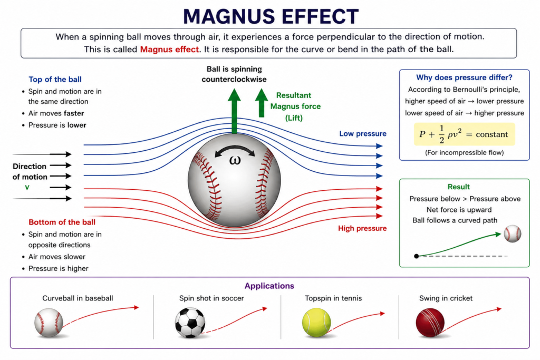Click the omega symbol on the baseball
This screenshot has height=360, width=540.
[235, 160]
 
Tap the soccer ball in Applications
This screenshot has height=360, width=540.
[190, 323]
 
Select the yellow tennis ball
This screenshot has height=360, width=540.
[316, 322]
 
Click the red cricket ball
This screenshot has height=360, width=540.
[430, 322]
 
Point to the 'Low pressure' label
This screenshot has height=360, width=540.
[363, 133]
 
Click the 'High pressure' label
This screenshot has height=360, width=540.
[362, 228]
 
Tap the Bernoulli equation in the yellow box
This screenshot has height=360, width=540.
[464, 134]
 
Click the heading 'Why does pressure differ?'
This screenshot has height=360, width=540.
[464, 77]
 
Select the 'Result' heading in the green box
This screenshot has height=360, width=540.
[458, 187]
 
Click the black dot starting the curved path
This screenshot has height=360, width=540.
[417, 256]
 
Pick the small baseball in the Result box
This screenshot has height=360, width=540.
[513, 233]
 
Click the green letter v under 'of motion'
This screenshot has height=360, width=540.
[27, 188]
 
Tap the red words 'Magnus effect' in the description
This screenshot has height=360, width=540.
[169, 49]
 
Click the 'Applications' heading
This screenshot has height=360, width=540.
[269, 286]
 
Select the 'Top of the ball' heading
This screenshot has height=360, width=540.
[55, 80]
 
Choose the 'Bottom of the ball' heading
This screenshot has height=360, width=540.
[62, 222]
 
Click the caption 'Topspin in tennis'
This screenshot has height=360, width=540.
[333, 298]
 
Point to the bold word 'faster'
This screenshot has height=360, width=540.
[74, 113]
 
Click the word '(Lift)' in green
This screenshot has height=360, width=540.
[294, 118]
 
